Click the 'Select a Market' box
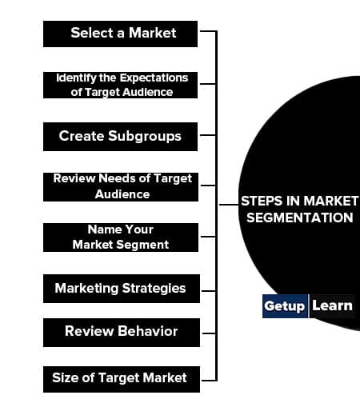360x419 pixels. pos(120,34)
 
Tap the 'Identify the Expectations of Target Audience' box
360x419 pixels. pos(120,85)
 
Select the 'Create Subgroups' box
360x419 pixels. pos(120,137)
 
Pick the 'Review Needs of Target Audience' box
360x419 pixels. pos(121,187)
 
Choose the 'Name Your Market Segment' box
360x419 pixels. pos(121,237)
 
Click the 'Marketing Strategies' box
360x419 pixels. pos(122,289)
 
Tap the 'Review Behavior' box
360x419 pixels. pos(122,333)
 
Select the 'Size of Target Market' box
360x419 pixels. pos(122,379)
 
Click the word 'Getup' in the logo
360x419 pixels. pos(284,306)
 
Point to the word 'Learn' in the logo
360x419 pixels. pos(332,305)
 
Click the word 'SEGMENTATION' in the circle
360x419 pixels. pos(300,217)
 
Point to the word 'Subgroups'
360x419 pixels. pos(145,136)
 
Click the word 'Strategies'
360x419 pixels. pos(154,289)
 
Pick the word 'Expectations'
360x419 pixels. pos(154,78)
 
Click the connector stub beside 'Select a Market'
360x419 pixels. pos(208,31)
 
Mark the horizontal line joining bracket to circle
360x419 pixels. pos(229,205)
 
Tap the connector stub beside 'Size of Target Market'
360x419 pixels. pos(209,380)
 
